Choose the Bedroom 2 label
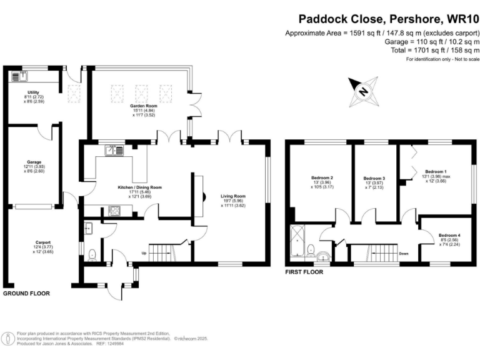point(321,178)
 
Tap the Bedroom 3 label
point(374,178)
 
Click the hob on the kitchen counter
point(116,211)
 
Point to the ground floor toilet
point(92,253)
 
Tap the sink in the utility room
point(16,77)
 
